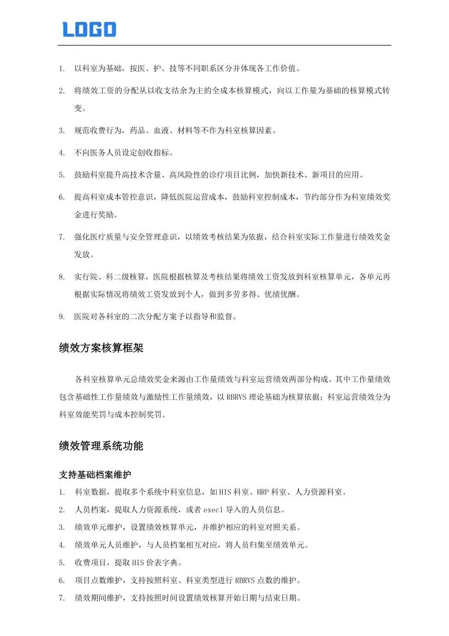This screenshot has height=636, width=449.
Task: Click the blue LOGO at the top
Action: [x=89, y=29]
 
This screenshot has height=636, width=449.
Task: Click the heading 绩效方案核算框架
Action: [x=101, y=348]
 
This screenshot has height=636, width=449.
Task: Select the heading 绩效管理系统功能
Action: [x=101, y=446]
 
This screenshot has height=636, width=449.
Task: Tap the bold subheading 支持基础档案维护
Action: [x=95, y=475]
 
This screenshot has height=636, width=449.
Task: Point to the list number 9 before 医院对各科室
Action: [x=62, y=317]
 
